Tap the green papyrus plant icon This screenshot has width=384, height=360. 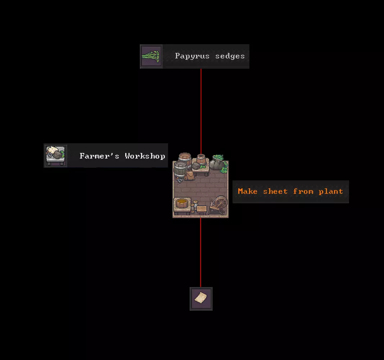pyautogui.click(x=151, y=56)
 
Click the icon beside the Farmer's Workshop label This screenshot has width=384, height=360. pyautogui.click(x=55, y=156)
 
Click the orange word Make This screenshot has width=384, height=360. pyautogui.click(x=247, y=192)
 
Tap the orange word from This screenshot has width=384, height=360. pyautogui.click(x=303, y=192)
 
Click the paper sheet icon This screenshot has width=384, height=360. pyautogui.click(x=201, y=298)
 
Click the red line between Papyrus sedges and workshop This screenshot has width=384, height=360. pyautogui.click(x=201, y=108)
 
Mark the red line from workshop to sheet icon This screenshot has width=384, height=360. pyautogui.click(x=200, y=252)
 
